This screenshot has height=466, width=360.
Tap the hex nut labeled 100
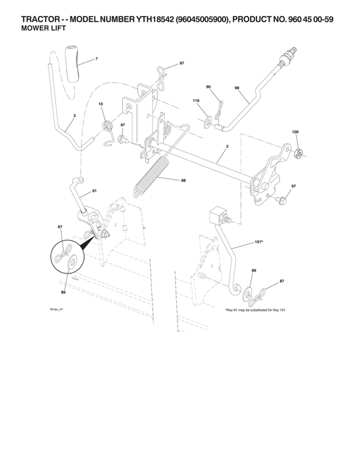click(x=297, y=151)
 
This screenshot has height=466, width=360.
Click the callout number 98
click(x=237, y=89)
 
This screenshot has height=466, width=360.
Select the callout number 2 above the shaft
click(x=227, y=147)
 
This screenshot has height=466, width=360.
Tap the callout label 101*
click(x=258, y=242)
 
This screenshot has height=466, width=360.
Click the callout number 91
click(x=94, y=190)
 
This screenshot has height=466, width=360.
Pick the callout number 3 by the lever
click(x=74, y=116)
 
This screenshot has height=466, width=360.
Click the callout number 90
click(x=208, y=86)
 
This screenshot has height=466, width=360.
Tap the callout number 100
click(x=295, y=131)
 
